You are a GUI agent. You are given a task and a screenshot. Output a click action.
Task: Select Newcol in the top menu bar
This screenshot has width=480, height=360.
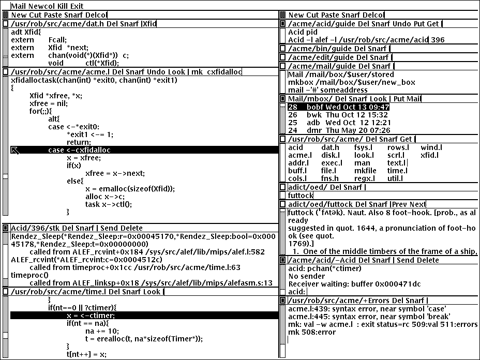[x=35, y=5]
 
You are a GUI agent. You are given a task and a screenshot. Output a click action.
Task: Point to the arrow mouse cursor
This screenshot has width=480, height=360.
[x=16, y=150]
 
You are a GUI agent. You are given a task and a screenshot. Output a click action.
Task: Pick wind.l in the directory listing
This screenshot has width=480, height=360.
[x=431, y=147]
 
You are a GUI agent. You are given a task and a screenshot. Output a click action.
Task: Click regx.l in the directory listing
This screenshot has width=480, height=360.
[x=398, y=178]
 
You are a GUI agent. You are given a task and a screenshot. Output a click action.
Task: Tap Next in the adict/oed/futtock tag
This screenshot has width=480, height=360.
[x=417, y=204]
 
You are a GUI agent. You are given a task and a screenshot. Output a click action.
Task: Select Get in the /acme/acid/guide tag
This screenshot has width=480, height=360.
[x=433, y=24]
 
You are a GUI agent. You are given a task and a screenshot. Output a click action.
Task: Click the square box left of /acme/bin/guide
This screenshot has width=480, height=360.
[x=282, y=49]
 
